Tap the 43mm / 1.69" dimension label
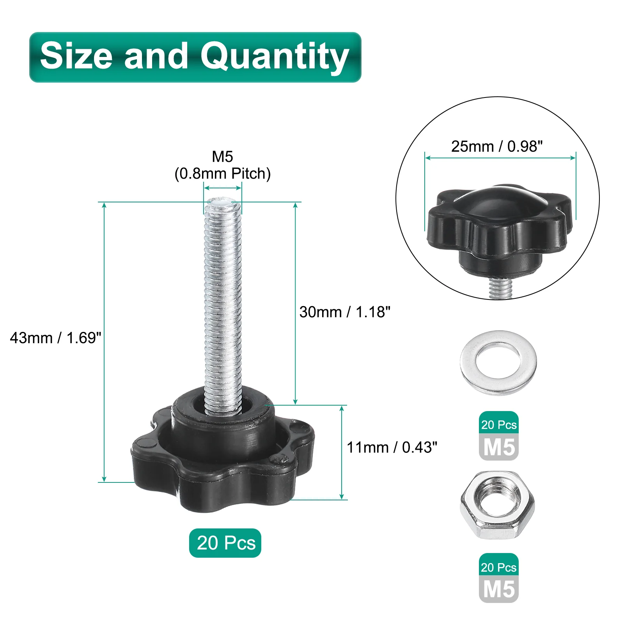pyautogui.click(x=55, y=338)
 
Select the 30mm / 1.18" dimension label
pyautogui.click(x=345, y=312)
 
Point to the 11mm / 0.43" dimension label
pyautogui.click(x=392, y=447)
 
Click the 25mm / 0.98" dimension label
pyautogui.click(x=497, y=146)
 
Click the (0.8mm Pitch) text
pyautogui.click(x=222, y=174)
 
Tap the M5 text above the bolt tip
pyautogui.click(x=222, y=156)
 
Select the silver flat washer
pyautogui.click(x=498, y=363)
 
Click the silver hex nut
pyautogui.click(x=498, y=505)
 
